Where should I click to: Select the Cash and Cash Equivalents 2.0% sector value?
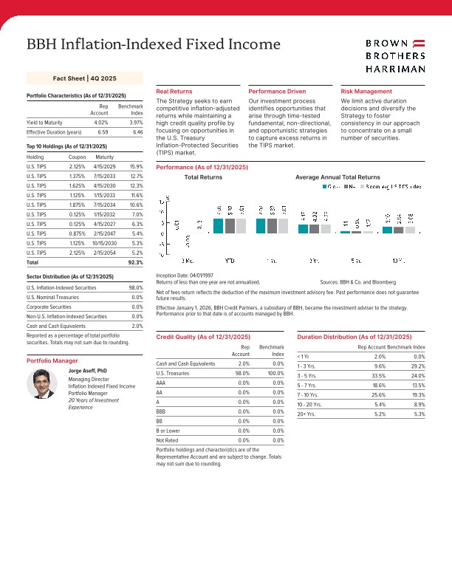point(136,326)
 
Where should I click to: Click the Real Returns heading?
point(174,91)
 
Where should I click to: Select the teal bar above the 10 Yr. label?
point(388,230)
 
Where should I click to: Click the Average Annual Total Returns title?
point(337,178)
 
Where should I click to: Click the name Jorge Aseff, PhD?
point(88,370)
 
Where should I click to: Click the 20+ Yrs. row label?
point(307,434)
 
